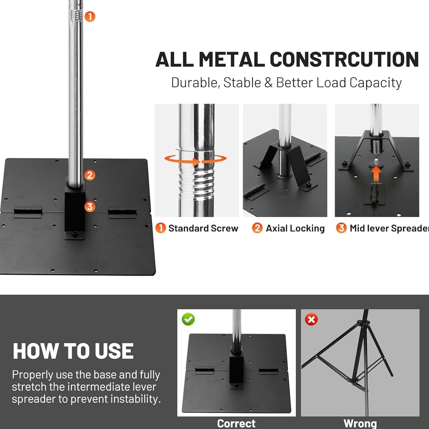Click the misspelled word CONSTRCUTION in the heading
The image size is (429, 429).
pyautogui.click(x=344, y=60)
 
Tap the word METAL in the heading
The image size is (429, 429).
pyautogui.click(x=232, y=60)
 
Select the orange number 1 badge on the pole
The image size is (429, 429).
pyautogui.click(x=90, y=16)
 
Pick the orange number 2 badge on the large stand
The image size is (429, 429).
pyautogui.click(x=90, y=175)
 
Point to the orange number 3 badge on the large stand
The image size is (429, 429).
pyautogui.click(x=90, y=206)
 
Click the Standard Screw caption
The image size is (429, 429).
pyautogui.click(x=203, y=228)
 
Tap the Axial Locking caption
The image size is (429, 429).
pyautogui.click(x=295, y=228)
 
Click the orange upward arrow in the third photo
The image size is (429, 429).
pyautogui.click(x=376, y=173)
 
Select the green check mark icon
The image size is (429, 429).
pyautogui.click(x=188, y=319)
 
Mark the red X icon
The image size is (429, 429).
pyautogui.click(x=311, y=320)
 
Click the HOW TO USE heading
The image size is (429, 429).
pyautogui.click(x=73, y=351)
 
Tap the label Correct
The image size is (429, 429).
pyautogui.click(x=236, y=423)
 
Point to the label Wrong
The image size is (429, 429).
pyautogui.click(x=360, y=423)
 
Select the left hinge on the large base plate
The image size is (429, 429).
pyautogui.click(x=28, y=212)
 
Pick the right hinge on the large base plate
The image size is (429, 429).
pyautogui.click(x=122, y=212)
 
